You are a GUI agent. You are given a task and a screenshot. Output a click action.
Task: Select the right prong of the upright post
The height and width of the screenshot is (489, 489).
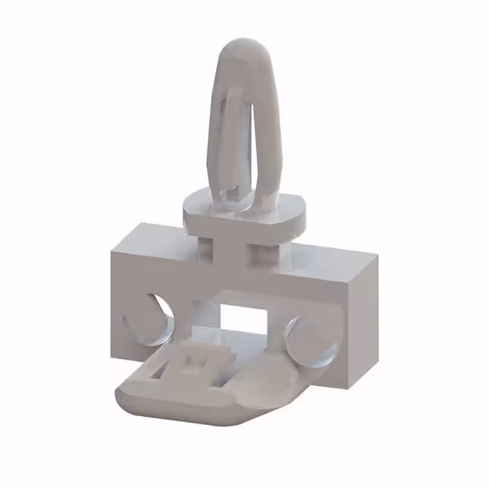(265, 130)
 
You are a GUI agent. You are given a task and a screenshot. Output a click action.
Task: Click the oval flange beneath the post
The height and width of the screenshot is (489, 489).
(244, 211)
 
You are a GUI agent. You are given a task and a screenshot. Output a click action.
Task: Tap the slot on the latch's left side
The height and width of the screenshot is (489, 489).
(158, 371)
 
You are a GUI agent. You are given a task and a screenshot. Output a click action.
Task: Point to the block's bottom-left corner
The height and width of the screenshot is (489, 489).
(113, 355)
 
